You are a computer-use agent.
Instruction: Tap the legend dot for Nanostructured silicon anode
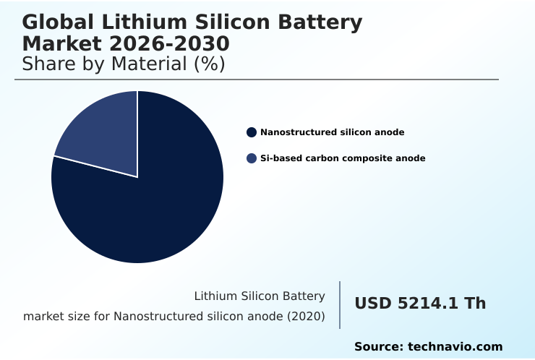pyautogui.click(x=252, y=132)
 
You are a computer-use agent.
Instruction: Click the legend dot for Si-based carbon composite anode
pyautogui.click(x=252, y=158)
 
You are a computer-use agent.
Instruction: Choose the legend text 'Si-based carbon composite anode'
pyautogui.click(x=343, y=158)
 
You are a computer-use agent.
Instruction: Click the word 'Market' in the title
pyautogui.click(x=64, y=44)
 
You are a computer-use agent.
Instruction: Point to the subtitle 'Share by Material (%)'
pyautogui.click(x=124, y=64)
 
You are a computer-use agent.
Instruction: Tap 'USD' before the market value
pyautogui.click(x=373, y=304)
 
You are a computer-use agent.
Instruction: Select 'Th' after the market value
pyautogui.click(x=475, y=304)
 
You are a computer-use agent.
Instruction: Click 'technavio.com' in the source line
pyautogui.click(x=455, y=347)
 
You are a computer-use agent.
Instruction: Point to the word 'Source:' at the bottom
pyautogui.click(x=378, y=347)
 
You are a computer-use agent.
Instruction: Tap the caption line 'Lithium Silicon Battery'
pyautogui.click(x=260, y=296)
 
